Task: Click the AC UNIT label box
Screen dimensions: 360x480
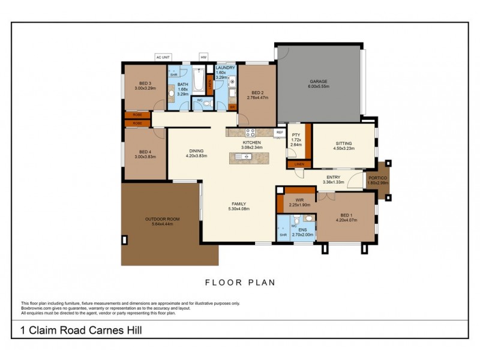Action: tap(163, 57)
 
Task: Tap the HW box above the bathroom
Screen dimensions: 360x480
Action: tap(203, 57)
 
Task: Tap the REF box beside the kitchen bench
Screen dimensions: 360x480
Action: tap(279, 132)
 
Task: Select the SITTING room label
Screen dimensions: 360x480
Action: tap(343, 143)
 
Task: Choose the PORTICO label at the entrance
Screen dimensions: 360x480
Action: tap(377, 178)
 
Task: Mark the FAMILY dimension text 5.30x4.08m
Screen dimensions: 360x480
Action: tap(239, 209)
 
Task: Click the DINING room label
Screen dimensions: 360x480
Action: tap(196, 151)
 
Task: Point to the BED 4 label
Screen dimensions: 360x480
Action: tap(145, 151)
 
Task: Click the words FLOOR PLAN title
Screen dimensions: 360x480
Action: tap(240, 282)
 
